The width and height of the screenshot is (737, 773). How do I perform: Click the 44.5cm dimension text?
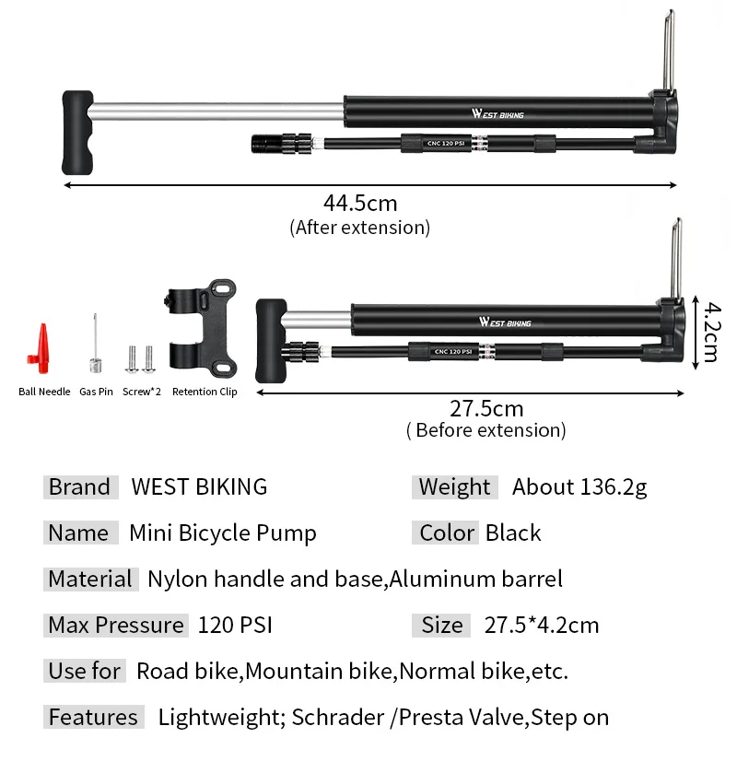pos(359,203)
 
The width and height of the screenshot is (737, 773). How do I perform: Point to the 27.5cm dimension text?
pos(485,408)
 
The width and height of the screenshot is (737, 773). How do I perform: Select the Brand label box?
pos(80,486)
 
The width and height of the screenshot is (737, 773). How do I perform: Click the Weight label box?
pos(454,486)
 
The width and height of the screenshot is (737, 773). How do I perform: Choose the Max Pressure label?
pos(116,625)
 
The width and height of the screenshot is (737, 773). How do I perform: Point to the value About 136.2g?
pos(579,486)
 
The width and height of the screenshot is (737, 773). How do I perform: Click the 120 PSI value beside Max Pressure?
pos(235,625)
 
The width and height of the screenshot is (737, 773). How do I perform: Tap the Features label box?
pos(93,717)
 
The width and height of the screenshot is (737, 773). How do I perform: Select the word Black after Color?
pos(513,533)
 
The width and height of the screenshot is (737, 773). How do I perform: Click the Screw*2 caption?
pos(142,392)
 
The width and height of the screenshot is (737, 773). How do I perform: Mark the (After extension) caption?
pos(359,227)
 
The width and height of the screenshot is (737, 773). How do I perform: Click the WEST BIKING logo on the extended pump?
pos(497,114)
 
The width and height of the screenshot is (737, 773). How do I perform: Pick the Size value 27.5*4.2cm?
pos(542,625)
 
